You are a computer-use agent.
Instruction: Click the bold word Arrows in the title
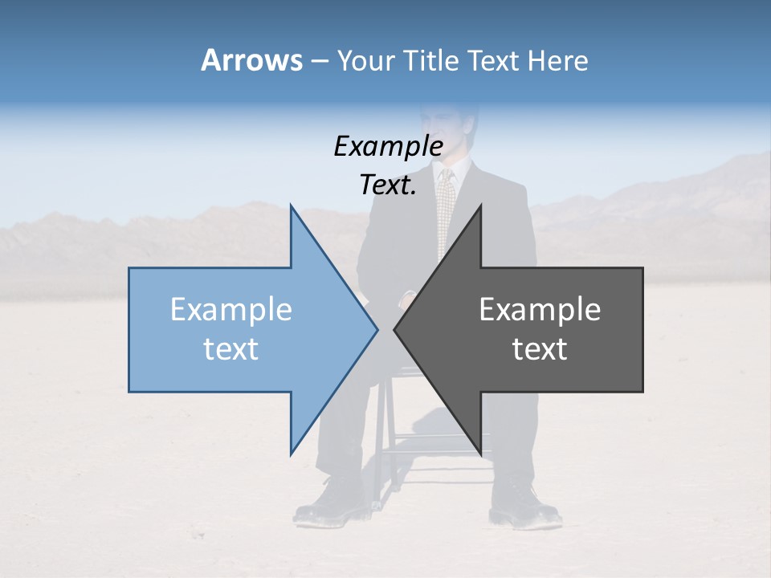pyautogui.click(x=251, y=60)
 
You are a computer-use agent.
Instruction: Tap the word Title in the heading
pyautogui.click(x=428, y=60)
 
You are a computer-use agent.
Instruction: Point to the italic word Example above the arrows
pyautogui.click(x=388, y=146)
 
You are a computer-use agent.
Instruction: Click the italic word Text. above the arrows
pyautogui.click(x=388, y=185)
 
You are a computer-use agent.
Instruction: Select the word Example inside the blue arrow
pyautogui.click(x=231, y=309)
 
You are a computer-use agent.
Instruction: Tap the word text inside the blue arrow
pyautogui.click(x=231, y=348)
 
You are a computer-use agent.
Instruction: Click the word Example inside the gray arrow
pyautogui.click(x=540, y=309)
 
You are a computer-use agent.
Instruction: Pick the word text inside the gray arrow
pyautogui.click(x=540, y=348)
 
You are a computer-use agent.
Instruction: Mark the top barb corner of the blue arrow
pyautogui.click(x=291, y=206)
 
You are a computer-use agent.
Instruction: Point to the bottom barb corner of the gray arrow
pyautogui.click(x=480, y=454)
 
